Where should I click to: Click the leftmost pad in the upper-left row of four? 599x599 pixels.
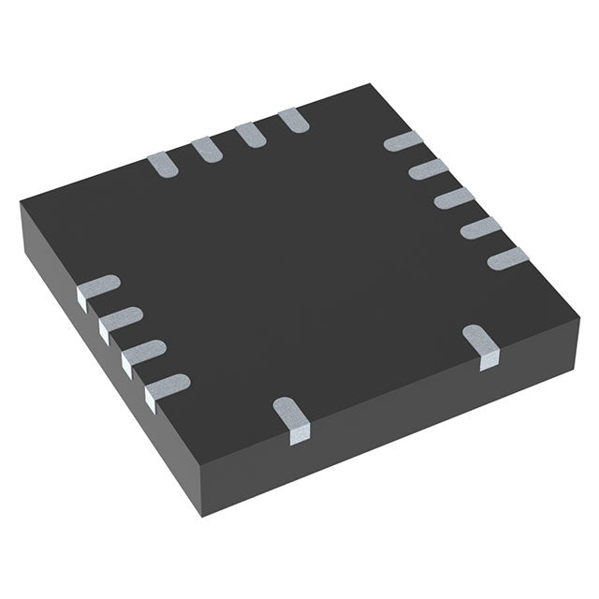click(x=162, y=164)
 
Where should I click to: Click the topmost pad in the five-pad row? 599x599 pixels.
click(x=403, y=141)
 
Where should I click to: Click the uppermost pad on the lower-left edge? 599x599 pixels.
click(x=97, y=287)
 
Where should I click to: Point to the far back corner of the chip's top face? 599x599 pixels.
click(x=374, y=85)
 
